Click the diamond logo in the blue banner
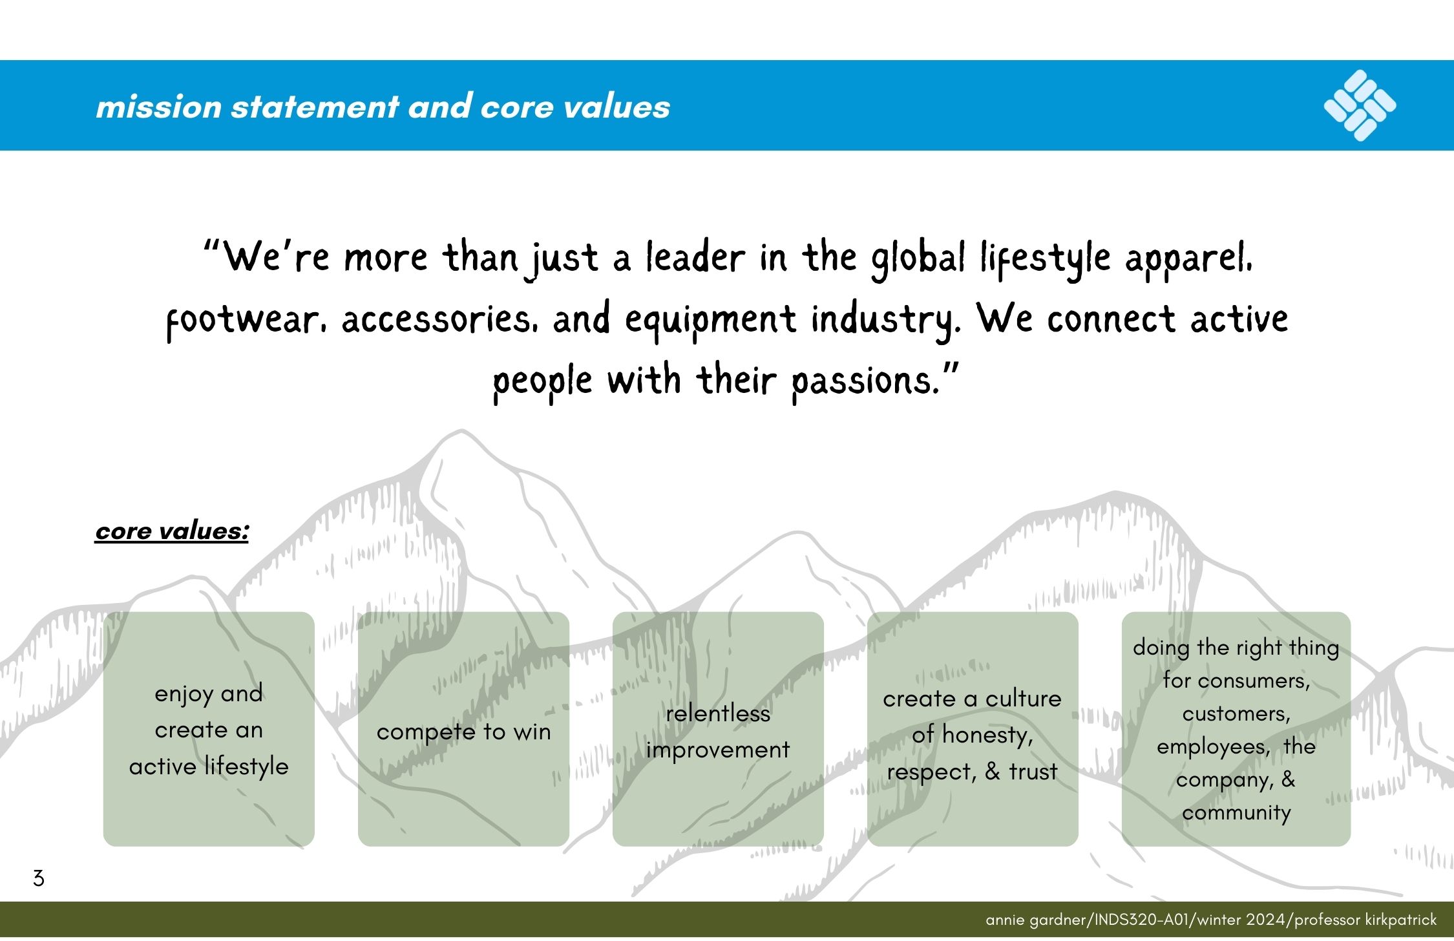click(x=1360, y=105)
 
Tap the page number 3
click(x=39, y=878)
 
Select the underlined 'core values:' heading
click(x=172, y=531)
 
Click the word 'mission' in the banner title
click(x=159, y=107)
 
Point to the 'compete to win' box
click(x=463, y=729)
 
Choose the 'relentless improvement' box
click(x=718, y=729)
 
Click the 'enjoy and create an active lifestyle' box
click(x=209, y=729)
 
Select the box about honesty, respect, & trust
click(x=973, y=729)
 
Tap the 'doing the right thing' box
click(x=1236, y=729)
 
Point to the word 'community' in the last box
click(x=1236, y=812)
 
